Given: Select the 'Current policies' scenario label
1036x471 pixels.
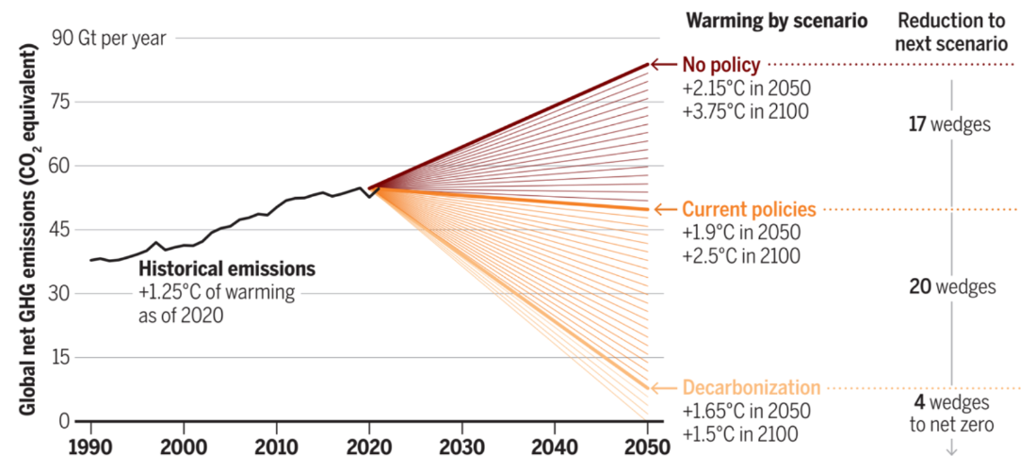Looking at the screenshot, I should tap(749, 209).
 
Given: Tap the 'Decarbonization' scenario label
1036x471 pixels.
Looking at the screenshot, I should tap(751, 388).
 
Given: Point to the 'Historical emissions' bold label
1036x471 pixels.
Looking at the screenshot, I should tap(227, 269).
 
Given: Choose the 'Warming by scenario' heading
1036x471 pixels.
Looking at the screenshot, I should tap(777, 21).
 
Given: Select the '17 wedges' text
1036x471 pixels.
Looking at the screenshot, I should tap(950, 123).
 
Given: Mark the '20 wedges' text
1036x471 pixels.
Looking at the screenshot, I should tap(950, 286).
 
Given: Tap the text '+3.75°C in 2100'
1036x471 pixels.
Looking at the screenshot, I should tap(745, 109).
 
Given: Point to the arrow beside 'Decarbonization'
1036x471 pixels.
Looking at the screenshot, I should tap(666, 388).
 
